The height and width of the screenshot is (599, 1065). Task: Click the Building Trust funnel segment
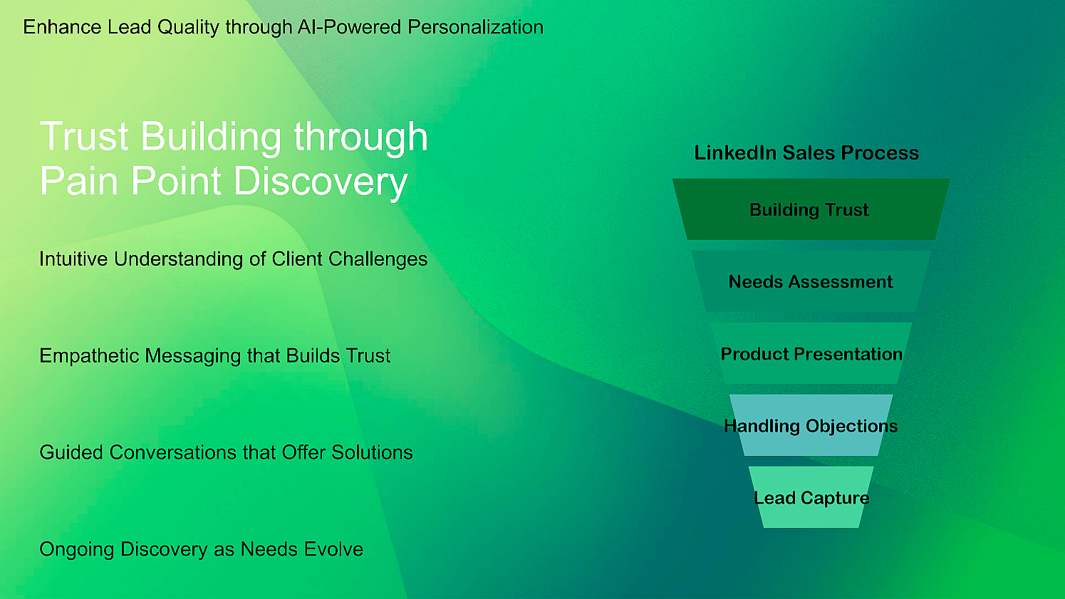[x=811, y=209]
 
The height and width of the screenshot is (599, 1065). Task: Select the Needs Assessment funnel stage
[x=811, y=281]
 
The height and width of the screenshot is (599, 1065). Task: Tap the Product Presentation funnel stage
[x=811, y=353]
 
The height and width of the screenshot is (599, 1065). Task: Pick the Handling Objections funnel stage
[x=811, y=425]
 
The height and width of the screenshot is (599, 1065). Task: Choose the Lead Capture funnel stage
[x=811, y=497]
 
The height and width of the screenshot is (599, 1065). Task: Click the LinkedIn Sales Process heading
[x=806, y=152]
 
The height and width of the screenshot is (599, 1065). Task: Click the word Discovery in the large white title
[x=321, y=181]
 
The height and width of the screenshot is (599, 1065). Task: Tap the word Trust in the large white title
[x=83, y=137]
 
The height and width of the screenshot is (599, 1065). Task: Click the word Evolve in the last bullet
[x=334, y=549]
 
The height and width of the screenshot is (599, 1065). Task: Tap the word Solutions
[x=372, y=452]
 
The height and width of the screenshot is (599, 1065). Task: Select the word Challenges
[x=378, y=259]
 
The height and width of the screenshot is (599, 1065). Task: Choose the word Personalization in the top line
[x=475, y=27]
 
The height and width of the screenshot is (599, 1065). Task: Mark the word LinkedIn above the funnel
[x=735, y=152]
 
